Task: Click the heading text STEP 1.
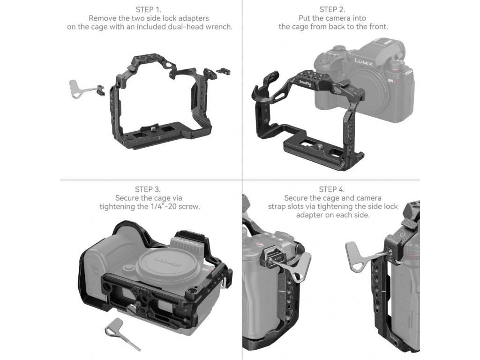click(x=149, y=10)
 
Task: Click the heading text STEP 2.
click(x=332, y=10)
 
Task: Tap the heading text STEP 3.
click(x=148, y=189)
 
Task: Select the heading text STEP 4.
click(x=332, y=189)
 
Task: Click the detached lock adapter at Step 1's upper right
click(x=223, y=71)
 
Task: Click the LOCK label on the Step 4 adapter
click(x=277, y=259)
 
